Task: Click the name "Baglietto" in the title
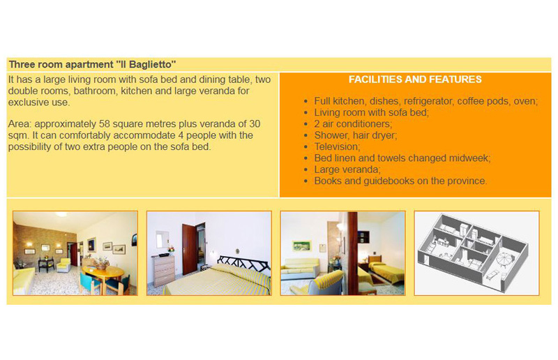(152, 64)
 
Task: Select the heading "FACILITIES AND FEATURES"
(415, 79)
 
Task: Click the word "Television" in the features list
(337, 147)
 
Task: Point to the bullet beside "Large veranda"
(306, 170)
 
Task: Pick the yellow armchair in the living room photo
(63, 265)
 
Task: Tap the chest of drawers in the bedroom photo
(163, 270)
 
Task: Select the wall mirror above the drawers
(163, 239)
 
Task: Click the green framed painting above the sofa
(302, 246)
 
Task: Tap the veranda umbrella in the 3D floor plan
(504, 259)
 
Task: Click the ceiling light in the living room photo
(61, 214)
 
